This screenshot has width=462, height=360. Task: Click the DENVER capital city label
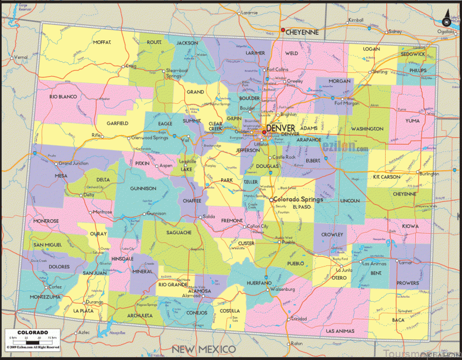281,127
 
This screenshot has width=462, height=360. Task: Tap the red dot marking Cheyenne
282,30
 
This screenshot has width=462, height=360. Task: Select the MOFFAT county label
102,42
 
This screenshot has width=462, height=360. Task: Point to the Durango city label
95,301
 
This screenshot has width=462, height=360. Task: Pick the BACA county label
398,319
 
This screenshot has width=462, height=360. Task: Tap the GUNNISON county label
143,188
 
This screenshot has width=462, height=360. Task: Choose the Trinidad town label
299,318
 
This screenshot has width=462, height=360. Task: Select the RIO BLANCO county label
64,97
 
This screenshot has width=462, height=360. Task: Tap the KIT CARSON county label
388,177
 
